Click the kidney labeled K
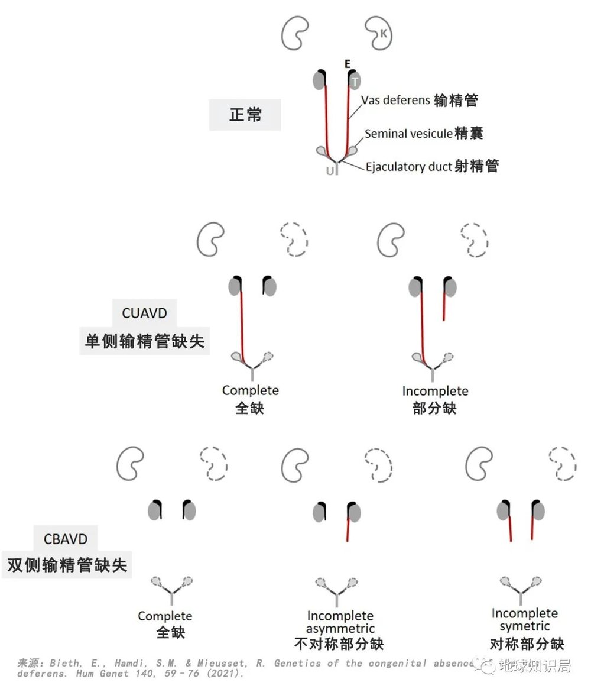pyautogui.click(x=379, y=33)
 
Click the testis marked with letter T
pyautogui.click(x=355, y=80)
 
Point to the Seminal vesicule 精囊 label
pyautogui.click(x=424, y=134)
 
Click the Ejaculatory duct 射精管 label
pyautogui.click(x=432, y=166)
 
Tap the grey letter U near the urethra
pyautogui.click(x=330, y=171)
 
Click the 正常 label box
pyautogui.click(x=245, y=114)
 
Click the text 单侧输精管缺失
pyautogui.click(x=145, y=341)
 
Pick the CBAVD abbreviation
pyautogui.click(x=66, y=539)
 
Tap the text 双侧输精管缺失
pyautogui.click(x=67, y=564)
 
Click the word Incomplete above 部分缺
pyautogui.click(x=435, y=391)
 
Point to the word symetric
pyautogui.click(x=525, y=626)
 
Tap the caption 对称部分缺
pyautogui.click(x=527, y=643)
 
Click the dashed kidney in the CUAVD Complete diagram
pyautogui.click(x=294, y=239)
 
